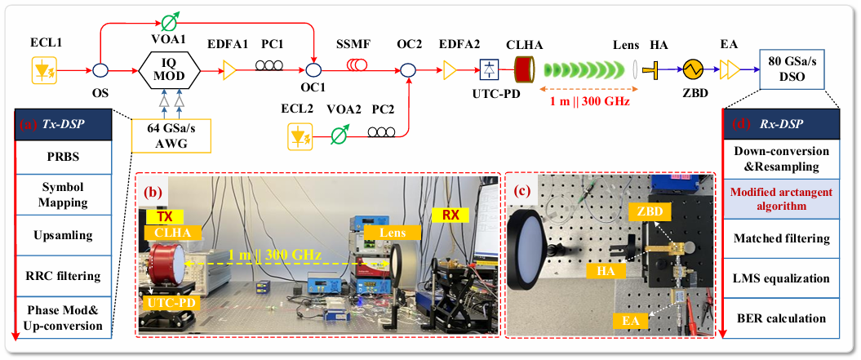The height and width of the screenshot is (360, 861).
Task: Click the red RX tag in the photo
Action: (450, 216)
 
